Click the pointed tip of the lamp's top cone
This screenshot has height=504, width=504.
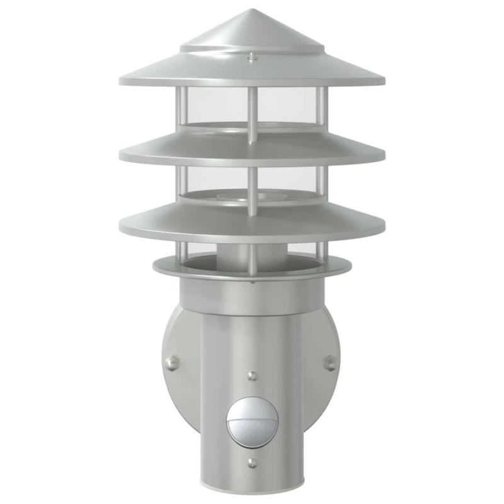[252, 11]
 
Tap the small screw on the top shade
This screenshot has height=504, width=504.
[252, 58]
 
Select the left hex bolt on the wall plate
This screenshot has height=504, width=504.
[170, 364]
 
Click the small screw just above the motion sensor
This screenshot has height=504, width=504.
[252, 376]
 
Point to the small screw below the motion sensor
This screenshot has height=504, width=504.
[252, 464]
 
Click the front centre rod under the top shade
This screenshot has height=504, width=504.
[252, 113]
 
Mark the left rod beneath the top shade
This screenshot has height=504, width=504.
[181, 107]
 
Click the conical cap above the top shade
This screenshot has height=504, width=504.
[252, 31]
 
